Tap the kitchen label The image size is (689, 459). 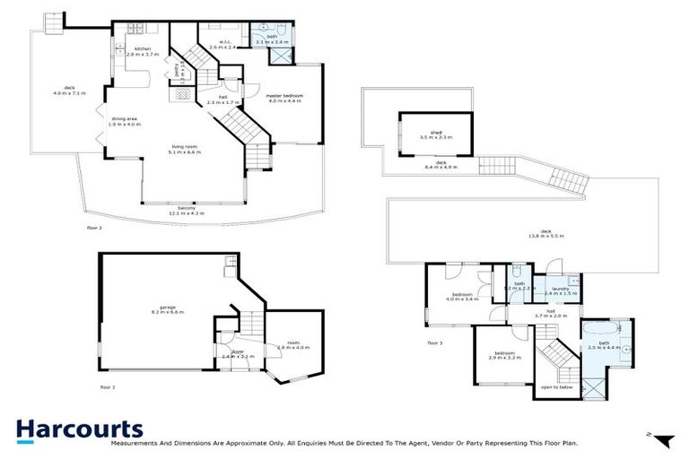pos(142,50)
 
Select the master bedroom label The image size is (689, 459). pos(283,95)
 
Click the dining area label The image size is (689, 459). pos(124,118)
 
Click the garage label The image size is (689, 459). pos(166,307)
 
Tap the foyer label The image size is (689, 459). pos(238,351)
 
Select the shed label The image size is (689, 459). pos(437,134)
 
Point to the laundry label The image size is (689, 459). pos(562,289)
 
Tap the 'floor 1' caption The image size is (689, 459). pos(109,386)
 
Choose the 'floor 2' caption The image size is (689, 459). pos(95,229)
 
